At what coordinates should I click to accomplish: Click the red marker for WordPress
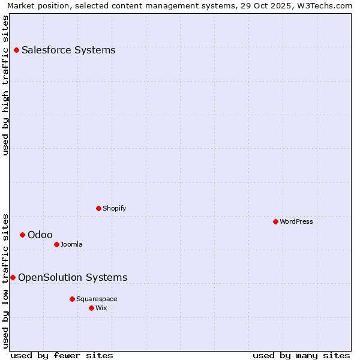(x=275, y=221)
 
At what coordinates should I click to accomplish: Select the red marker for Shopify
(x=98, y=208)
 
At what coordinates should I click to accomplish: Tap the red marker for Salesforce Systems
(x=16, y=50)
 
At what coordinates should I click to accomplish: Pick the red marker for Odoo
(x=22, y=235)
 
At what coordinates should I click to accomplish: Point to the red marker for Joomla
(x=56, y=244)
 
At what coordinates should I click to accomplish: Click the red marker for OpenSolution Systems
(x=13, y=277)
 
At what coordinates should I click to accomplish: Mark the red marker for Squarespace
(x=72, y=299)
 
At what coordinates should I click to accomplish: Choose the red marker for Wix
(x=91, y=308)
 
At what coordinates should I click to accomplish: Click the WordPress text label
(x=296, y=221)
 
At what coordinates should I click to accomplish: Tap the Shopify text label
(x=115, y=208)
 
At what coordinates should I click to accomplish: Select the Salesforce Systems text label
(x=68, y=50)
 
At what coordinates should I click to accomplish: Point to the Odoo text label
(x=40, y=235)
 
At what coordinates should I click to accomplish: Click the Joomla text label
(x=71, y=244)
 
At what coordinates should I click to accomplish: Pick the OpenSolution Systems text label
(x=73, y=277)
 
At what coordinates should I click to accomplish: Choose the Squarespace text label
(x=97, y=299)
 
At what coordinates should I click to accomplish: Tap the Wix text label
(x=101, y=308)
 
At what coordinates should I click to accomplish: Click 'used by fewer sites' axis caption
(x=62, y=355)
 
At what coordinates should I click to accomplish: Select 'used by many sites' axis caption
(x=301, y=355)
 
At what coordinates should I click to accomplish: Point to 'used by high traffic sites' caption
(x=5, y=85)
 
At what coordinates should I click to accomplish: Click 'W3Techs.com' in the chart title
(x=328, y=5)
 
